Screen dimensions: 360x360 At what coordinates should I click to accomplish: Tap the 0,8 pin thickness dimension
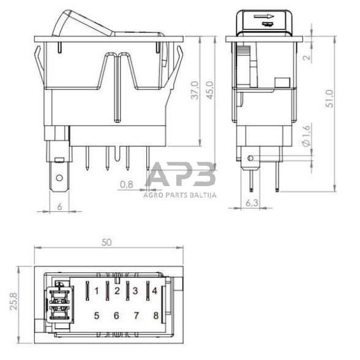coord(126,184)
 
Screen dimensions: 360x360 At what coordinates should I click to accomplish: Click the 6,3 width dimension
coord(252,202)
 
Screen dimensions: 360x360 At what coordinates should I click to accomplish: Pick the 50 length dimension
coord(107,242)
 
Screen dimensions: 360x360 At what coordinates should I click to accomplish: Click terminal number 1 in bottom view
coord(97,290)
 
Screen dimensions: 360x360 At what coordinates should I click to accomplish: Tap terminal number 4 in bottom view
coord(155,290)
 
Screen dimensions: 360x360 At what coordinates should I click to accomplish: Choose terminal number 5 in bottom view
coord(97,316)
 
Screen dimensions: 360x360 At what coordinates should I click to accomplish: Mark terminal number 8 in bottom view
coord(156,316)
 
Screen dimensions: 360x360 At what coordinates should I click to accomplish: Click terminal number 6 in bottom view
coord(116,316)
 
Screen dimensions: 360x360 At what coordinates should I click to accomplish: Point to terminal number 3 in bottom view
coord(135,290)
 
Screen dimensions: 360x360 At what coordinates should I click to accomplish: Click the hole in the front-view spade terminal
coord(59,180)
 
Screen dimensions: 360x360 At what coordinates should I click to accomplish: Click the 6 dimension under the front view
coord(59,207)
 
